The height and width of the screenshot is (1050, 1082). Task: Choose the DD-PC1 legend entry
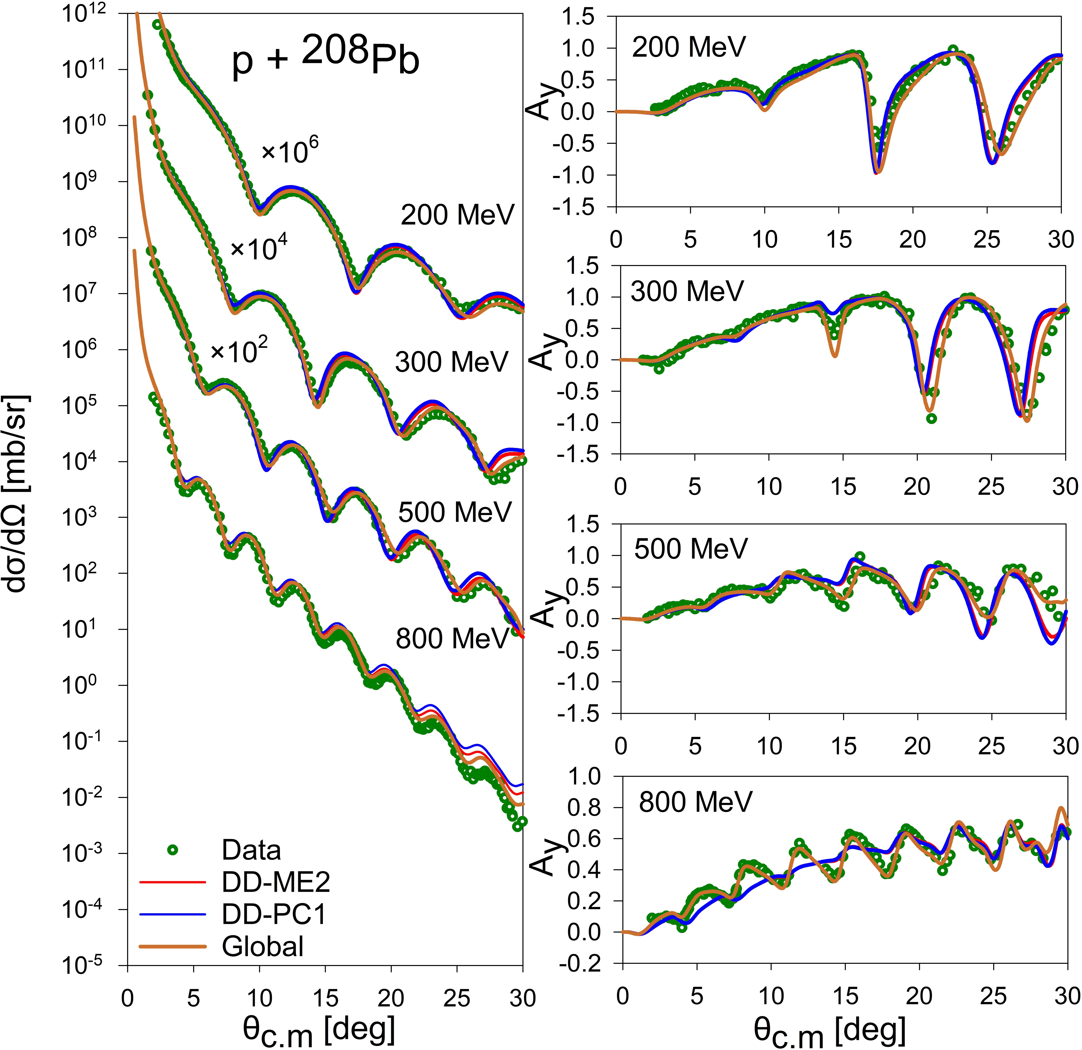(x=274, y=914)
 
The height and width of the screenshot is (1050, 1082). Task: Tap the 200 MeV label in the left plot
(x=457, y=215)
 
